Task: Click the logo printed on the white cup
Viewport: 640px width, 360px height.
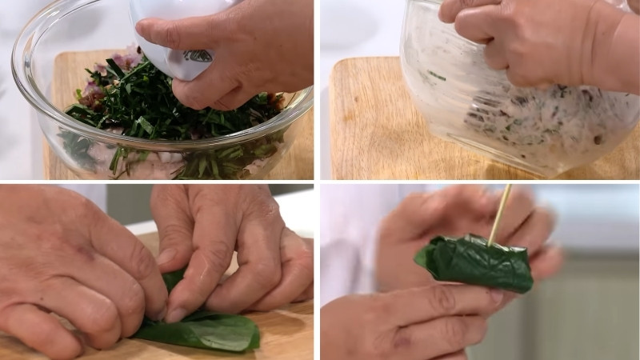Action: pyautogui.click(x=198, y=56)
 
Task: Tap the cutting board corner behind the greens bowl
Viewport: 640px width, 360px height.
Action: pyautogui.click(x=60, y=60)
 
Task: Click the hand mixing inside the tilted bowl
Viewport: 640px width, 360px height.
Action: pyautogui.click(x=528, y=40)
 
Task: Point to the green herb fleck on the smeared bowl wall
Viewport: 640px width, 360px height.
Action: pyautogui.click(x=436, y=76)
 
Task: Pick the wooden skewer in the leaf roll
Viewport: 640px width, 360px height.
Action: pyautogui.click(x=500, y=212)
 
